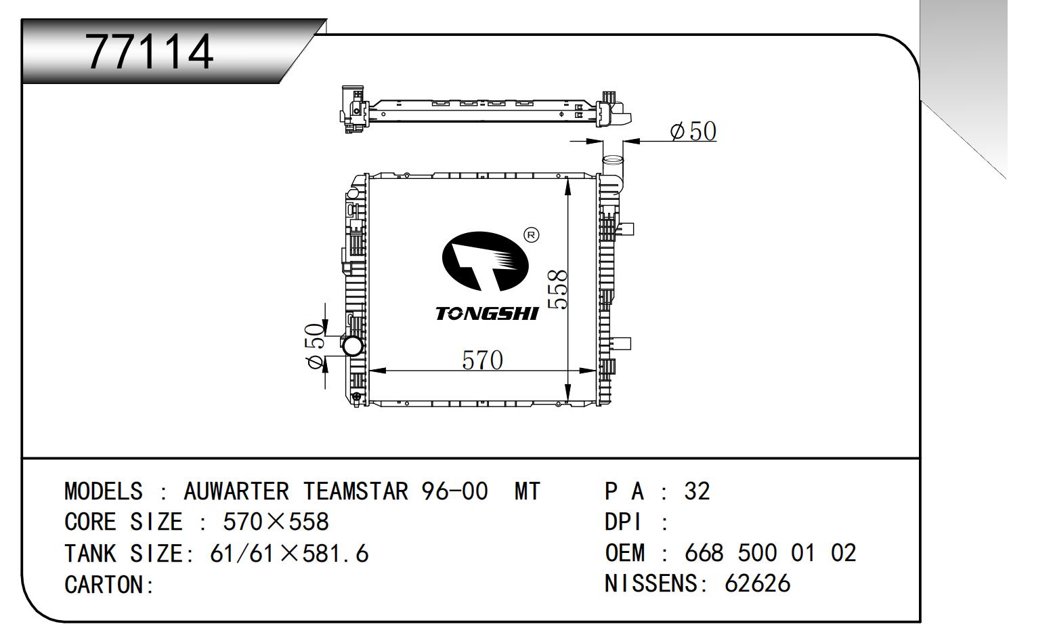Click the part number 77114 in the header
pyautogui.click(x=150, y=51)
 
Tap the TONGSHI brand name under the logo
pyautogui.click(x=486, y=313)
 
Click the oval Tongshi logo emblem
pyautogui.click(x=485, y=261)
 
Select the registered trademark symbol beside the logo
pyautogui.click(x=531, y=235)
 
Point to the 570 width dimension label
pyautogui.click(x=482, y=360)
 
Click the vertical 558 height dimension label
pyautogui.click(x=558, y=289)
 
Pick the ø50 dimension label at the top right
pyautogui.click(x=693, y=131)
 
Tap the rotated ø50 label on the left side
pyautogui.click(x=314, y=346)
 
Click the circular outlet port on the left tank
pyautogui.click(x=352, y=346)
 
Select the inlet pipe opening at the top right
pyautogui.click(x=613, y=160)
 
